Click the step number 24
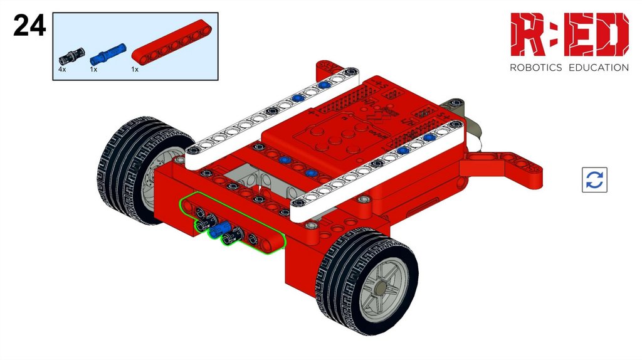29,25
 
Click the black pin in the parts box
72,56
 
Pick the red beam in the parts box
172,42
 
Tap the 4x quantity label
62,69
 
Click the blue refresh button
594,180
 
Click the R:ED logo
569,34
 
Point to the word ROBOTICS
535,68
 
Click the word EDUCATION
599,68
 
